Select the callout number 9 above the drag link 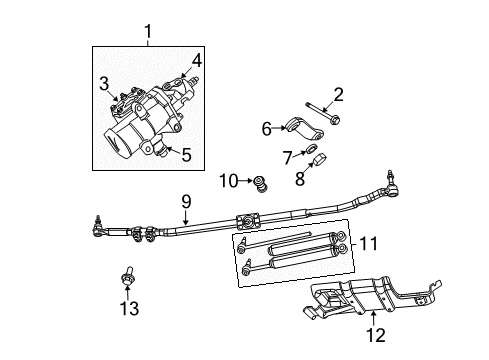185,200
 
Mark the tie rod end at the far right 381,187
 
